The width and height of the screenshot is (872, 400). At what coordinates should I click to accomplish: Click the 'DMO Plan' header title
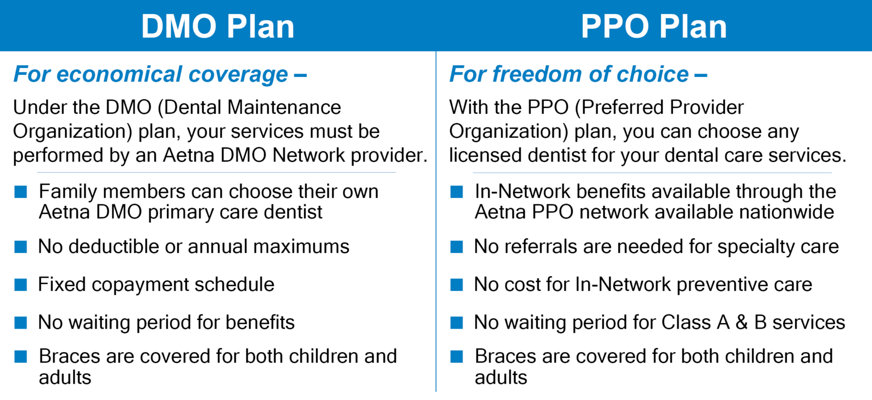click(x=217, y=26)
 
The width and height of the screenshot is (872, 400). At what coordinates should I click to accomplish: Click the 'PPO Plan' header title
click(x=653, y=26)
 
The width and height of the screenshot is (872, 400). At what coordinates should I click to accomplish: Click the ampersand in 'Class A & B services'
click(x=741, y=323)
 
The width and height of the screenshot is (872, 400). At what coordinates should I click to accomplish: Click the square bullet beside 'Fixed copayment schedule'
click(x=21, y=285)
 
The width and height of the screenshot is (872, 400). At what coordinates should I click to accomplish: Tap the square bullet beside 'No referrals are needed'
click(x=457, y=247)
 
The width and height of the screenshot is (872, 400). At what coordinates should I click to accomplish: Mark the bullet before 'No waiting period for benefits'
click(x=21, y=323)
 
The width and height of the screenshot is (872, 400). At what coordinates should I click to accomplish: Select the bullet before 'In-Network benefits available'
click(x=457, y=192)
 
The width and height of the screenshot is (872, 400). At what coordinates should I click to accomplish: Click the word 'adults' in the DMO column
click(x=65, y=378)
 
